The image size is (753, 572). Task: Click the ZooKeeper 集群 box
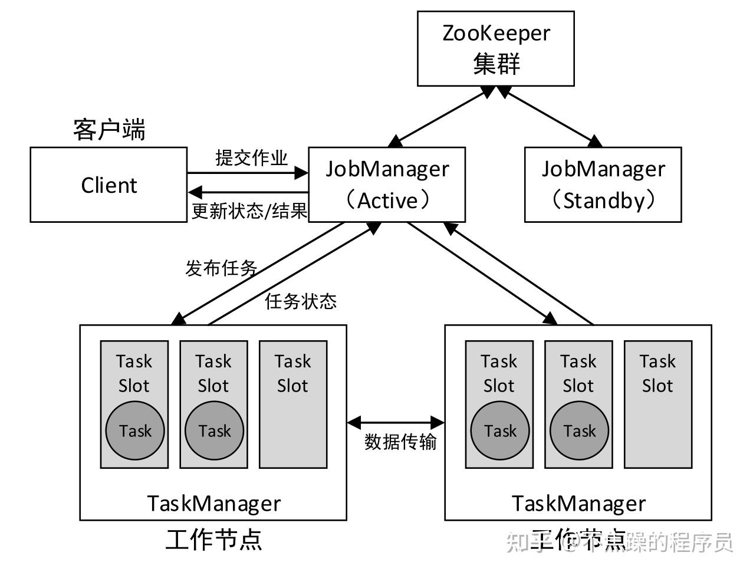(x=495, y=48)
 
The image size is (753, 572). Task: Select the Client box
(x=108, y=185)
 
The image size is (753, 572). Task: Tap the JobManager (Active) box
(x=387, y=185)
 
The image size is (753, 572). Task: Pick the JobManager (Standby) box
(x=603, y=185)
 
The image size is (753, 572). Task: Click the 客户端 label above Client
(x=109, y=129)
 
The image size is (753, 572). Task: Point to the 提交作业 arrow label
(x=251, y=158)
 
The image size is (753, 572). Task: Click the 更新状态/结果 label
(x=249, y=211)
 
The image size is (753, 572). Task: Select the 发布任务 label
(x=221, y=268)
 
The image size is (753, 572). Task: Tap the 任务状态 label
(x=301, y=301)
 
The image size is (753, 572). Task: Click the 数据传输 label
(x=400, y=442)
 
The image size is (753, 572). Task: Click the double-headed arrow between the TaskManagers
(x=396, y=422)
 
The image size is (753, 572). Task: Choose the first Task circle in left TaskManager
(x=135, y=430)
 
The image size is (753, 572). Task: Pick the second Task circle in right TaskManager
(x=579, y=430)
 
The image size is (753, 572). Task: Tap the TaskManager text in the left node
(x=213, y=504)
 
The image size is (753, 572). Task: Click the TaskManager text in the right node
(x=578, y=504)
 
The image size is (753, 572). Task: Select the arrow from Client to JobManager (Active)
(x=248, y=173)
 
